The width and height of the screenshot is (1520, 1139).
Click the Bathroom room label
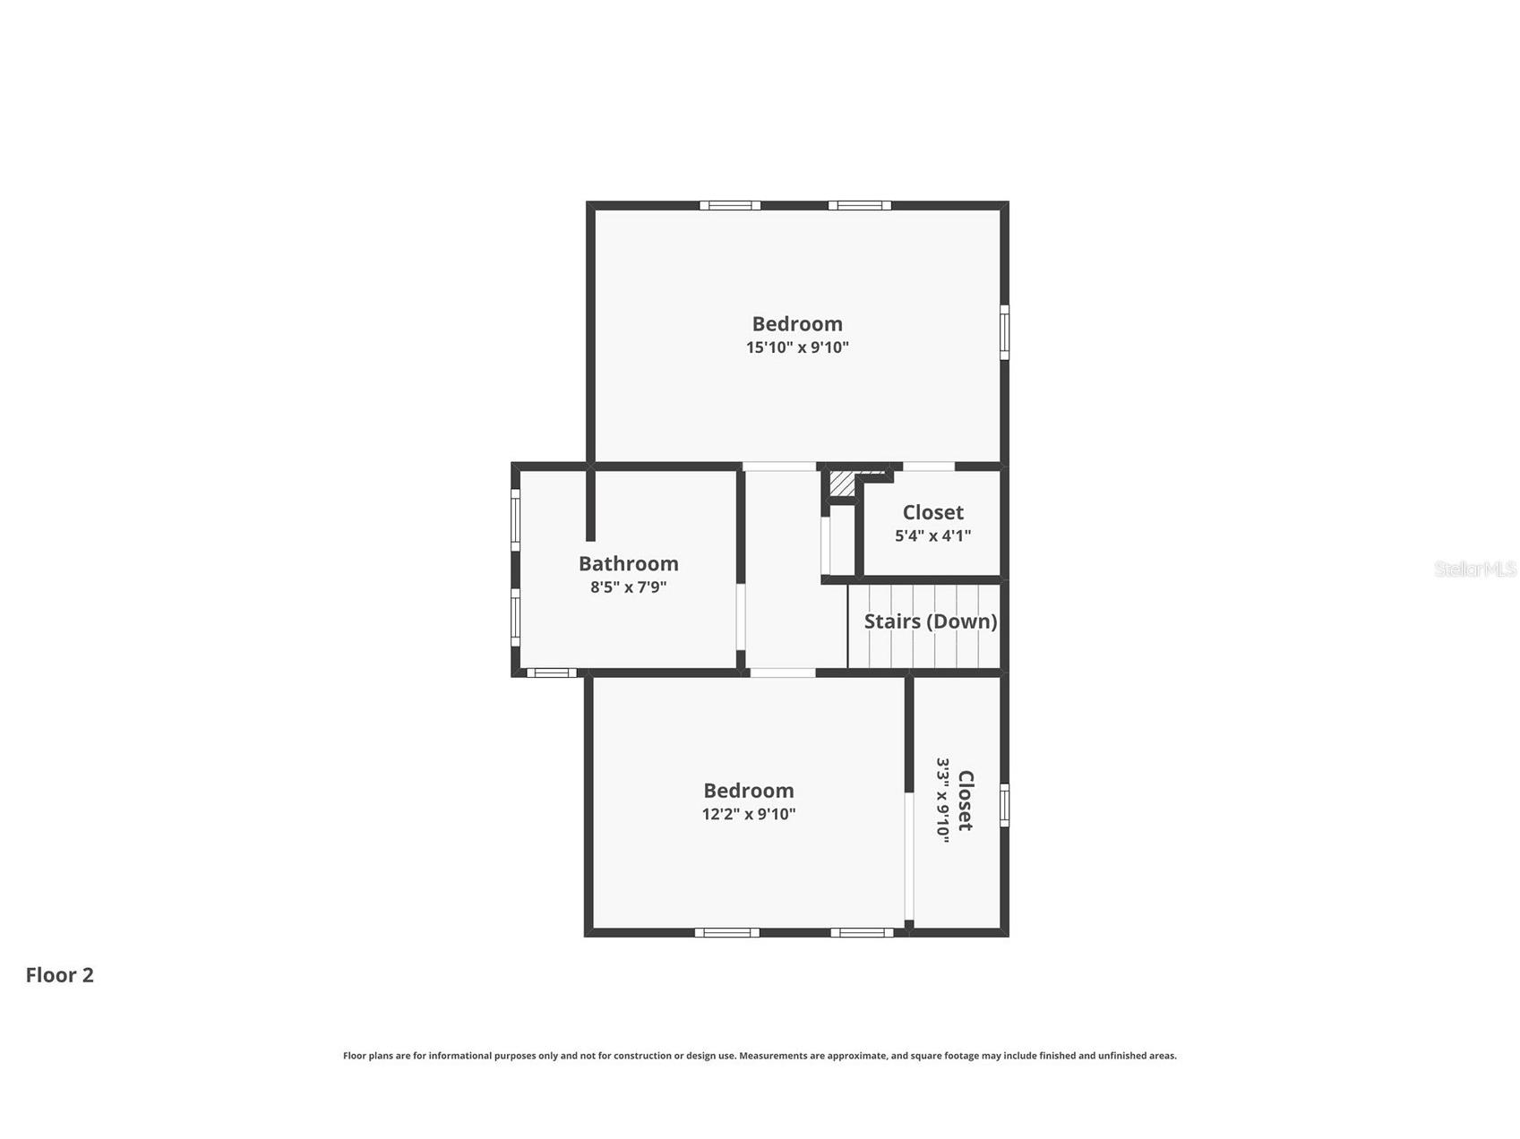(628, 563)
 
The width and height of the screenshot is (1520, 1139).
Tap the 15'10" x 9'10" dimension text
(797, 347)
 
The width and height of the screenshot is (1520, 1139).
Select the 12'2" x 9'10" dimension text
(749, 814)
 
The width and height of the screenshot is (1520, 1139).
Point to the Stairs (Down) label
(931, 621)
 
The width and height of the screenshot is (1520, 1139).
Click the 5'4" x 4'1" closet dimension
(932, 535)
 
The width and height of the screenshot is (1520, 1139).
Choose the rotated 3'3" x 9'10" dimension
(942, 798)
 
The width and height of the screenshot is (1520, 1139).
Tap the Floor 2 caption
(60, 975)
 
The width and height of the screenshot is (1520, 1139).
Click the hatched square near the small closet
(842, 483)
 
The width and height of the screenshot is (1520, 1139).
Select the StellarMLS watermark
(1475, 569)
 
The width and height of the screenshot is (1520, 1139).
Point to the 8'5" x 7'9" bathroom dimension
(628, 587)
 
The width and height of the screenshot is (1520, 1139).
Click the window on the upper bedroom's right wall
(1004, 332)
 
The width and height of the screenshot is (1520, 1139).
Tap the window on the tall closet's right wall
(1004, 804)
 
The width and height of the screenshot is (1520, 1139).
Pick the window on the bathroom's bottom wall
(551, 672)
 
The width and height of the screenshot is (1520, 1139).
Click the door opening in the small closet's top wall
(928, 466)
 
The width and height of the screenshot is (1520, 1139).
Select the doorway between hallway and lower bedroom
(782, 672)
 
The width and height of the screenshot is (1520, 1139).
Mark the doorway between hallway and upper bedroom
(779, 466)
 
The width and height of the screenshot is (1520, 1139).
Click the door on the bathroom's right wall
(741, 617)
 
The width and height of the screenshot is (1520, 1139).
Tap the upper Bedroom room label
(797, 323)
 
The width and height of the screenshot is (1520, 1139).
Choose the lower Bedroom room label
(749, 790)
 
